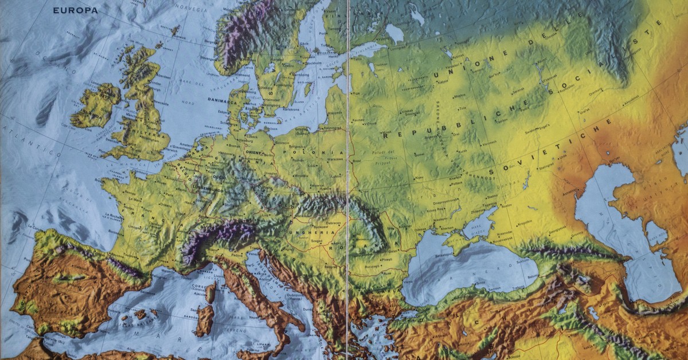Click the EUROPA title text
pyautogui.click(x=75, y=10)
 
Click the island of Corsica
pyautogui.click(x=211, y=292)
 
